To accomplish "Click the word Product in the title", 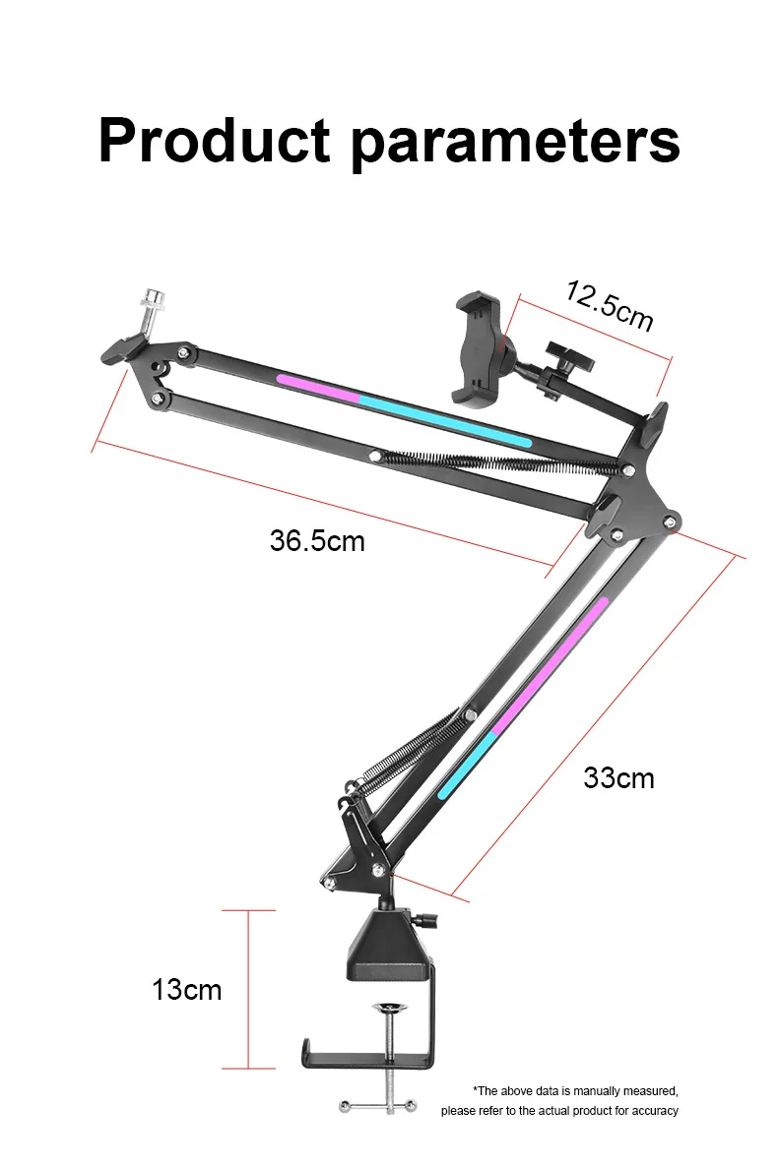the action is coord(215,140).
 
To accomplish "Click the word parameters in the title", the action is coord(515,143).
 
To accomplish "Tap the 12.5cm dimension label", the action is coord(610,305).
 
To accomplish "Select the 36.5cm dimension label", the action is coord(317,540).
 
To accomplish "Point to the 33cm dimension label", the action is coord(618,777).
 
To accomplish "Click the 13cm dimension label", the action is coord(186,989).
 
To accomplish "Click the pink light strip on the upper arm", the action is coord(318,388).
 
